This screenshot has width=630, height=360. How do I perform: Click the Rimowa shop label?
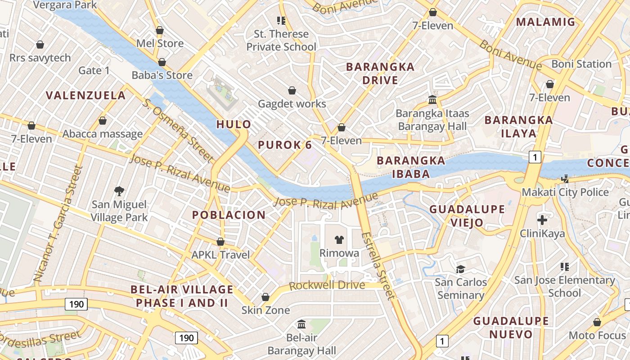tap(339, 253)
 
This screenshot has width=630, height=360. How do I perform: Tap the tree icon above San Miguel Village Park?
tap(119, 191)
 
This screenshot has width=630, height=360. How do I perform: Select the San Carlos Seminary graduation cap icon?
tap(460, 269)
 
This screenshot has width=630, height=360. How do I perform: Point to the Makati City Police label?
tap(565, 192)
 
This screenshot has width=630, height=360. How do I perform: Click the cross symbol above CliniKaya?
tap(542, 220)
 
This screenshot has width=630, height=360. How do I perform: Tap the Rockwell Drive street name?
tap(327, 285)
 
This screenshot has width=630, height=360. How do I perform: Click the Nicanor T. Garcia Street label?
tap(59, 224)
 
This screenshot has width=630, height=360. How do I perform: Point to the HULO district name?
tap(234, 125)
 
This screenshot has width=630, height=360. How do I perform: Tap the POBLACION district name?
tap(229, 215)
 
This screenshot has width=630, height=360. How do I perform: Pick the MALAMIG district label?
tap(545, 22)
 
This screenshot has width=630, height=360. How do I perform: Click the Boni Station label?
tap(581, 64)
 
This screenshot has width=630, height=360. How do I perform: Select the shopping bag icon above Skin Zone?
tap(265, 297)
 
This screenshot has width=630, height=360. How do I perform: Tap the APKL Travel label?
tap(220, 255)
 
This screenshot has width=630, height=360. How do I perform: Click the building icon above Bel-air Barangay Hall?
tap(301, 324)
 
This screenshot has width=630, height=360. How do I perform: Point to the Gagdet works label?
tap(292, 103)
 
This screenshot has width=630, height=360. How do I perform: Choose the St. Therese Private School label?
tap(281, 40)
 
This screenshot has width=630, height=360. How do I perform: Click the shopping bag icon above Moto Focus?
tap(597, 322)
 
